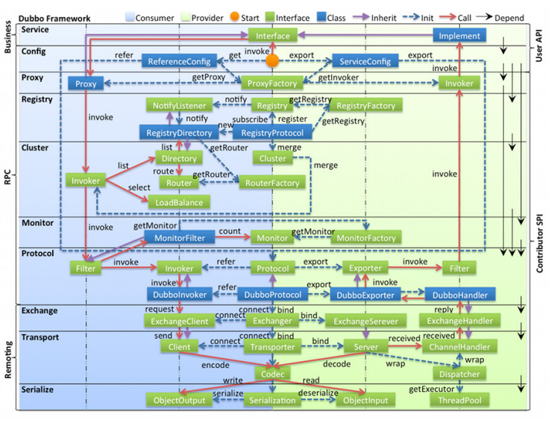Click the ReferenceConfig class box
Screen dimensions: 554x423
pos(179,61)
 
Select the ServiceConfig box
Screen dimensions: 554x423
pos(365,61)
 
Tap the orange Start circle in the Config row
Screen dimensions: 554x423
pos(272,60)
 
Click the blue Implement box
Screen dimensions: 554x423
pos(459,36)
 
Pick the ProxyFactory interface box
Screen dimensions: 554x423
pos(272,84)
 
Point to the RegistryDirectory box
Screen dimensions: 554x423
pos(179,133)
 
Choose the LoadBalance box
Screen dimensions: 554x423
pos(179,202)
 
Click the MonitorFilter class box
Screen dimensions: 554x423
pos(180,238)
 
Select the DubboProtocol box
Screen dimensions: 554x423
pos(272,295)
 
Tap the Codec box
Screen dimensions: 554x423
pos(272,374)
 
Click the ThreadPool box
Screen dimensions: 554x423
pos(459,401)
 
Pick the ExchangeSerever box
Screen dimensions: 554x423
pos(365,322)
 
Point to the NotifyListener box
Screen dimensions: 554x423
pos(179,106)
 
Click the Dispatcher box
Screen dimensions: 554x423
pos(459,374)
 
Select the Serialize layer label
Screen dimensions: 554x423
pos(37,389)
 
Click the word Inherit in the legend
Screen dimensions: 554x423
pos(384,18)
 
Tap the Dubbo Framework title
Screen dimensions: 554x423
pos(54,19)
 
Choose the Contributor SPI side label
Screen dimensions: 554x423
pos(540,244)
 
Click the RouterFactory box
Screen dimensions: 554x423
pos(272,183)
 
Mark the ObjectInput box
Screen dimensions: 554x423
pos(365,401)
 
